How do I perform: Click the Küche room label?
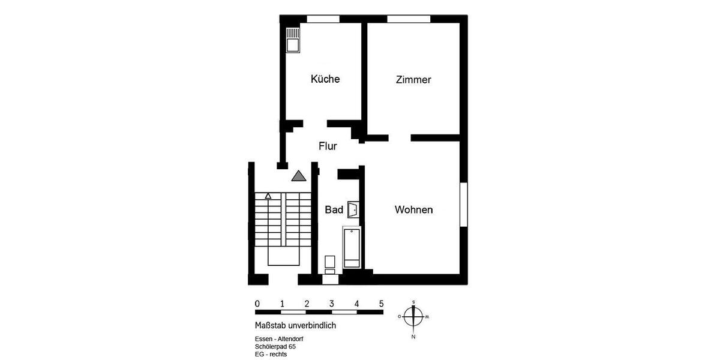[325, 79]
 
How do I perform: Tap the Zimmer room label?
[413, 80]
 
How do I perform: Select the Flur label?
[328, 146]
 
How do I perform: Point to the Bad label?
[334, 209]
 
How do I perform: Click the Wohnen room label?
[414, 210]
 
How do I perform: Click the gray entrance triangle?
[299, 176]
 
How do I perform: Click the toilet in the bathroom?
[329, 265]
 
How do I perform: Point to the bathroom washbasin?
[353, 209]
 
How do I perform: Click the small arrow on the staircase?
[268, 196]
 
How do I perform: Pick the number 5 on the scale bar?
[382, 304]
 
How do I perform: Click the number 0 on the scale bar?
[257, 304]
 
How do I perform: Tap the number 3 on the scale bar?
[332, 304]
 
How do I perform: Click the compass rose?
[413, 316]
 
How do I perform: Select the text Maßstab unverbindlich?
[295, 326]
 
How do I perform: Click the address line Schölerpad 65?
[275, 347]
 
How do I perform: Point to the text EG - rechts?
[271, 355]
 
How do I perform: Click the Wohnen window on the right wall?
[463, 204]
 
